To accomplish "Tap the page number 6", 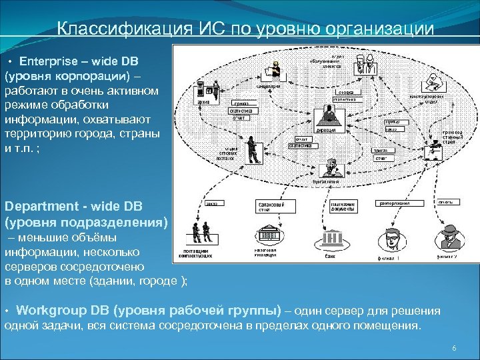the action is coord(454,349).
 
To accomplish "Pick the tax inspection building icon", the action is coord(269,235).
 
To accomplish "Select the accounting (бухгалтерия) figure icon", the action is coord(327,169).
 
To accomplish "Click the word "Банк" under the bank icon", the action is coord(329,256).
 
